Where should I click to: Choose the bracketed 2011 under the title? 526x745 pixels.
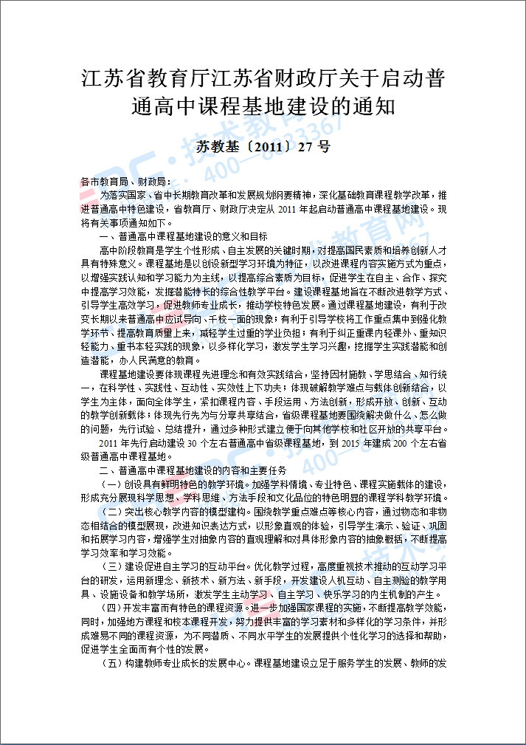[x=265, y=146]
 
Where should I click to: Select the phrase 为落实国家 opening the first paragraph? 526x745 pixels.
[x=122, y=195]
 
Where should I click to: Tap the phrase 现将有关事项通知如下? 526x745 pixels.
[x=124, y=222]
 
